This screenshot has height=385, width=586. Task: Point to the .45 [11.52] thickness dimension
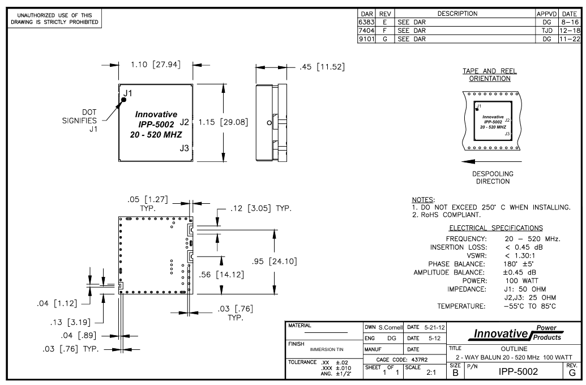tap(320, 67)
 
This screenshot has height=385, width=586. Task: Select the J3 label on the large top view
tap(184, 148)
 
